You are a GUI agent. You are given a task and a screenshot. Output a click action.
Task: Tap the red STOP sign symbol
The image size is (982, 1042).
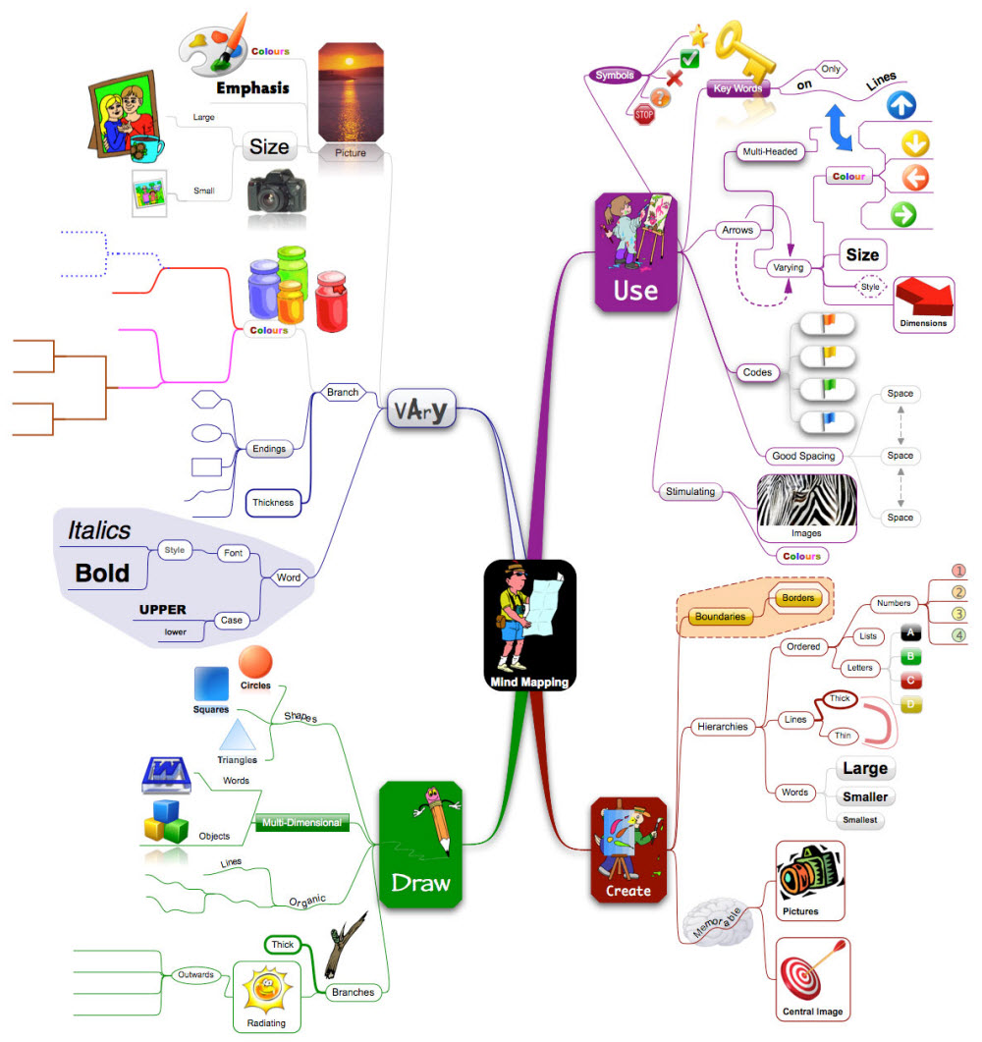tap(644, 114)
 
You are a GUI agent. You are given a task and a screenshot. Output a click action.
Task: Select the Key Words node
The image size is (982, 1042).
tap(737, 89)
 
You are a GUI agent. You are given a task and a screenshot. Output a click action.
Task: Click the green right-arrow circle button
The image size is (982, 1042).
tap(902, 214)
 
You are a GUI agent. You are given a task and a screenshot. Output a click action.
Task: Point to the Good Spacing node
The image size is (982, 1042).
tap(802, 456)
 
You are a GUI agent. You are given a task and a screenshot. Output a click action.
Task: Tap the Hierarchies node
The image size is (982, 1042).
tap(722, 727)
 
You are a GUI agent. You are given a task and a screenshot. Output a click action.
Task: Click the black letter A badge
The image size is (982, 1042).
tap(909, 633)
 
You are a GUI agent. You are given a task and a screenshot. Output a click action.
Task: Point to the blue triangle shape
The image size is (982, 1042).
tap(237, 736)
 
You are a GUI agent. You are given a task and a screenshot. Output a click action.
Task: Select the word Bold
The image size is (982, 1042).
tap(102, 573)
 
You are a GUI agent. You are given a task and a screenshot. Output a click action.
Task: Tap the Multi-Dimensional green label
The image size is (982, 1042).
tap(301, 822)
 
